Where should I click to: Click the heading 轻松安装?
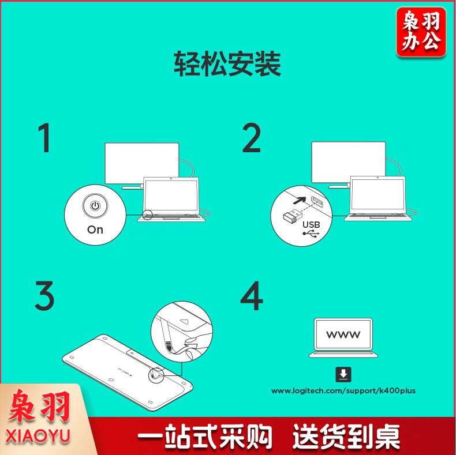pyautogui.click(x=227, y=63)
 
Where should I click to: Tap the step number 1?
pyautogui.click(x=44, y=138)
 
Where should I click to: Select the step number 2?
pyautogui.click(x=252, y=138)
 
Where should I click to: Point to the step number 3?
pyautogui.click(x=44, y=295)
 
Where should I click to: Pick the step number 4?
pyautogui.click(x=252, y=295)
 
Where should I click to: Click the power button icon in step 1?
pyautogui.click(x=95, y=206)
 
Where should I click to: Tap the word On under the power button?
pyautogui.click(x=95, y=230)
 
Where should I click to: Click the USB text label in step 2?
pyautogui.click(x=311, y=224)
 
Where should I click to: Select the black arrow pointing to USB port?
pyautogui.click(x=299, y=201)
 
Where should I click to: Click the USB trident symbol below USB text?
pyautogui.click(x=311, y=234)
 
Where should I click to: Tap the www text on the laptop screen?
pyautogui.click(x=343, y=334)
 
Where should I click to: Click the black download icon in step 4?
pyautogui.click(x=343, y=374)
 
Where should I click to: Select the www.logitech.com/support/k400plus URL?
pyautogui.click(x=343, y=391)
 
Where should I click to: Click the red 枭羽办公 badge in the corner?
pyautogui.click(x=421, y=32)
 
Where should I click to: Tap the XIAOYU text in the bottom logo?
pyautogui.click(x=38, y=436)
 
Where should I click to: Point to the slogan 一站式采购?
pyautogui.click(x=205, y=436)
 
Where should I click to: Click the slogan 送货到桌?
pyautogui.click(x=346, y=436)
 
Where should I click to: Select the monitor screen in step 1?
pyautogui.click(x=142, y=163)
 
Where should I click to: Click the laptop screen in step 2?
pyautogui.click(x=377, y=194)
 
